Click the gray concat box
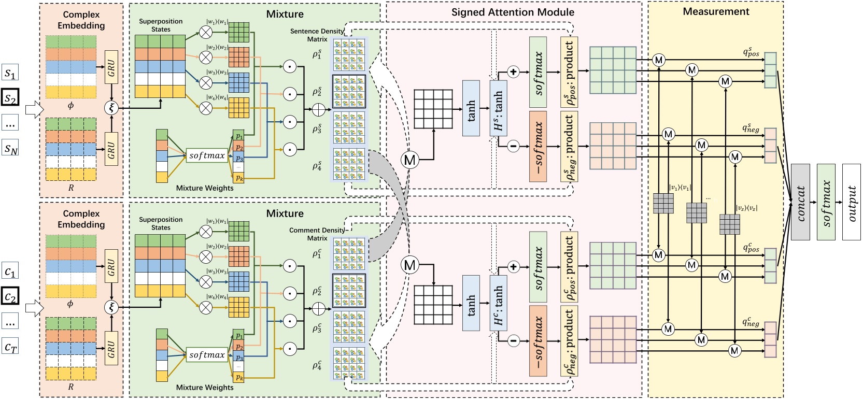(x=800, y=202)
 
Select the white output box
(x=851, y=202)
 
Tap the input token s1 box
(x=10, y=73)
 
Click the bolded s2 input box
(x=10, y=97)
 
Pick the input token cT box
(x=10, y=347)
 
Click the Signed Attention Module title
(x=512, y=12)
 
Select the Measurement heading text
(x=715, y=11)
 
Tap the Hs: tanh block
(x=498, y=108)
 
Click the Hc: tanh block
(x=498, y=303)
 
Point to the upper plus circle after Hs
(x=513, y=72)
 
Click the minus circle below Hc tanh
(x=513, y=340)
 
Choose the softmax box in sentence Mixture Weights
(x=207, y=155)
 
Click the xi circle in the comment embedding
(x=111, y=307)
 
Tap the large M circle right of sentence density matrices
(x=409, y=160)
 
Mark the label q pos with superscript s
(x=751, y=52)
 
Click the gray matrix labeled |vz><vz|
(x=729, y=224)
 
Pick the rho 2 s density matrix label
(x=317, y=92)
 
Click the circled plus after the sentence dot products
(x=318, y=109)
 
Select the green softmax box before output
(x=826, y=202)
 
